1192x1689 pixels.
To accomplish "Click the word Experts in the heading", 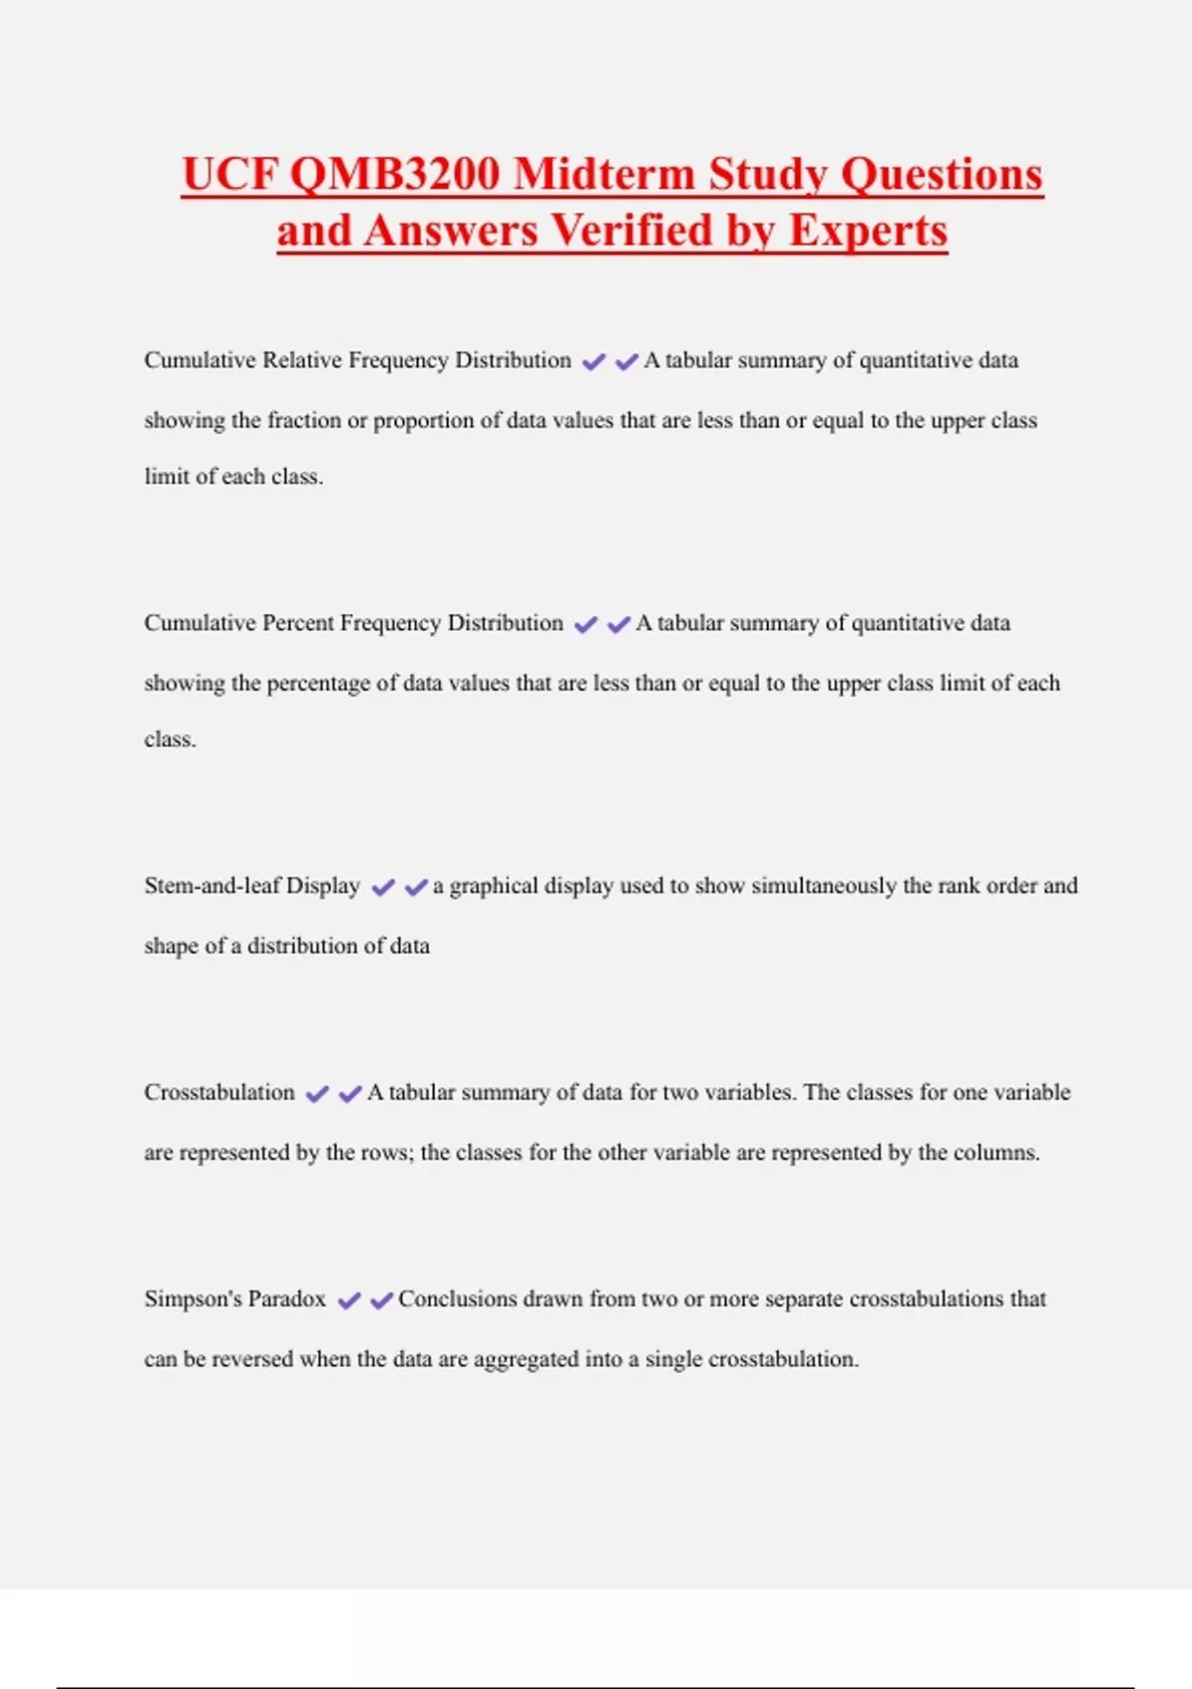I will [867, 230].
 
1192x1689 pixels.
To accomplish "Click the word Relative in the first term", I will [302, 360].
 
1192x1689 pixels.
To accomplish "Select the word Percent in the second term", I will [298, 623].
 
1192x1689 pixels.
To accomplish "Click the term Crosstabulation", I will [220, 1092].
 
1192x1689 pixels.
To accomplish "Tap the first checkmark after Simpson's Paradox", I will [349, 1301].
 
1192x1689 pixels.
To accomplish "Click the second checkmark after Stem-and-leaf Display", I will [415, 887].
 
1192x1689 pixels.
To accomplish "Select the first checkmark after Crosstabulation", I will [317, 1094].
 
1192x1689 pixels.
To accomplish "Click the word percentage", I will [318, 684].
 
